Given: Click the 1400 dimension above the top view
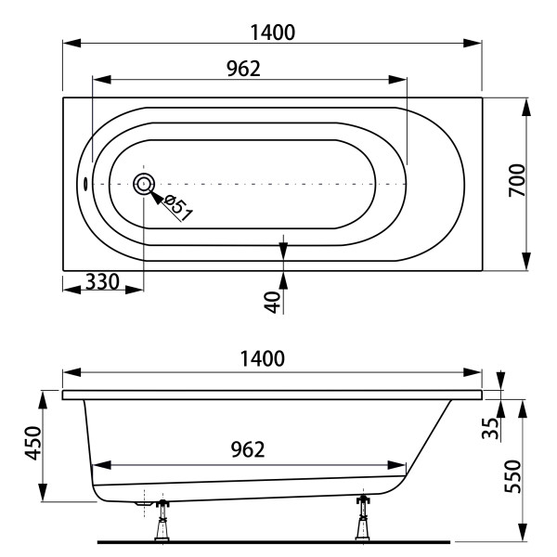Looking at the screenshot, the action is click(x=272, y=32).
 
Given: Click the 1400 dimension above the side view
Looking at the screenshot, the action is click(x=263, y=358).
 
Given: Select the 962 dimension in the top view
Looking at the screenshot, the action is click(x=243, y=69).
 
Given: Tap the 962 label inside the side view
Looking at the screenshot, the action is click(x=248, y=449).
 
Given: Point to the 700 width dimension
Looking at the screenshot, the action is click(x=517, y=180).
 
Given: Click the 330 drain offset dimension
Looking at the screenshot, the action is click(x=103, y=282).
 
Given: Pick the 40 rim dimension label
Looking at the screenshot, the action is click(x=272, y=302).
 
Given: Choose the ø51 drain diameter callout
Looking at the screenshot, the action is click(x=178, y=208).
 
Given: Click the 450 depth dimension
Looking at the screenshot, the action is click(x=33, y=443).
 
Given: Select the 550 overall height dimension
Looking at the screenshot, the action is click(x=512, y=476).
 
